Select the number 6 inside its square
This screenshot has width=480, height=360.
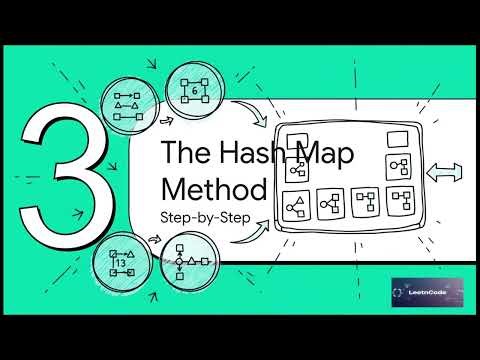coord(194,91)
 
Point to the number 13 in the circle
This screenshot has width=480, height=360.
coord(121,264)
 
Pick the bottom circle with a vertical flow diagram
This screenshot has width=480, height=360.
coord(186,263)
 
